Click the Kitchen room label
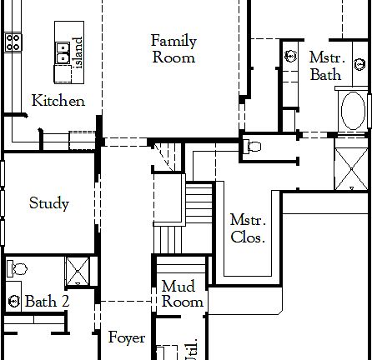pos(58,101)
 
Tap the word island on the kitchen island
pos(78,52)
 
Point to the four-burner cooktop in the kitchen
pos(13,42)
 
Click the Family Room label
pos(173,48)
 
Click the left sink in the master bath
pos(290,57)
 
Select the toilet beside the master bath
pos(254,147)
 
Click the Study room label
pos(48,202)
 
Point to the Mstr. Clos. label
pos(248,228)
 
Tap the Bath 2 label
pos(46,301)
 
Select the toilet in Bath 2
pos(17,269)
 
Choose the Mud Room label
pos(182,294)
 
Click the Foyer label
pos(127,338)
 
